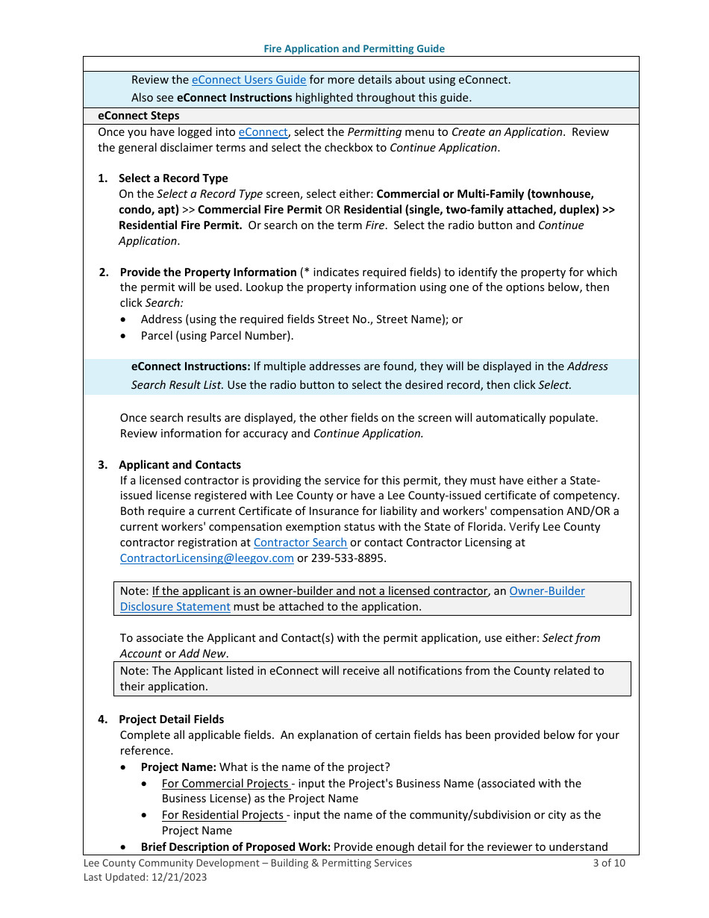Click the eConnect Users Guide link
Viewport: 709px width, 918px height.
pos(249,80)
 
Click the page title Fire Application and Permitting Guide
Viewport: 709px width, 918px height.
pos(354,49)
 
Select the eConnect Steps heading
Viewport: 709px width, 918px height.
pos(139,116)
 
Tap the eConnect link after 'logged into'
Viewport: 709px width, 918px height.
pos(263,132)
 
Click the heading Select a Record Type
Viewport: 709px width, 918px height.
pos(173,178)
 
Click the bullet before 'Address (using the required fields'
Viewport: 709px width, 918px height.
pos(123,319)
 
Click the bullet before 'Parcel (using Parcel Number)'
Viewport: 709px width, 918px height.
pos(123,336)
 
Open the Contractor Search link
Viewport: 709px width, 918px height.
pos(300,543)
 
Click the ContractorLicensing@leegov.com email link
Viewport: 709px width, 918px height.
pos(207,558)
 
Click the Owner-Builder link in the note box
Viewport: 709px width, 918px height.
pos(546,591)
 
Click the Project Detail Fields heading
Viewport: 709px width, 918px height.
pos(171,719)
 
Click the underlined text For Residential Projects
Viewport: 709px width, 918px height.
pos(223,815)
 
